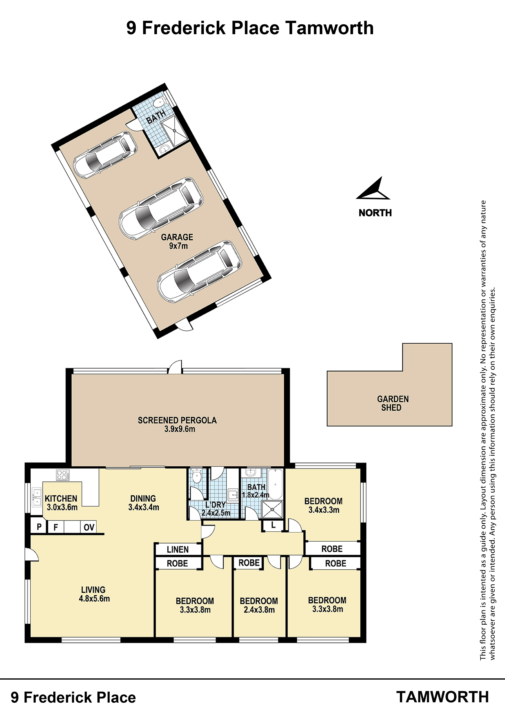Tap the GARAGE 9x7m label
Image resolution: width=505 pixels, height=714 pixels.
(177, 242)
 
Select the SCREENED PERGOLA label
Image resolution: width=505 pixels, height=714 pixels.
(177, 425)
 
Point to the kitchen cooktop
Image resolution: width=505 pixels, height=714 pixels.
(63, 475)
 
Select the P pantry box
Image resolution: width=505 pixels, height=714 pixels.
(39, 527)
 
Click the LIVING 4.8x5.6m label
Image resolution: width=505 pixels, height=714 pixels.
(94, 594)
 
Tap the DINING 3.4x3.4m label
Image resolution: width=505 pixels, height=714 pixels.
(143, 503)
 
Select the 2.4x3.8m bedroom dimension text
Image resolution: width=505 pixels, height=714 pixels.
(259, 610)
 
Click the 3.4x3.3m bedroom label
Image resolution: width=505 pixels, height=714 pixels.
(324, 505)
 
